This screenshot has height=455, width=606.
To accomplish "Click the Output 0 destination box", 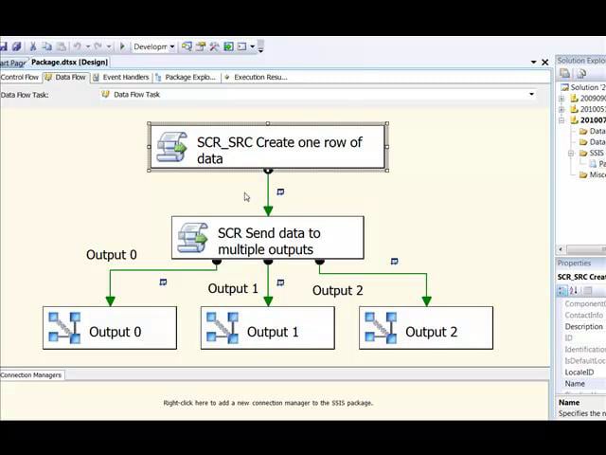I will [110, 329].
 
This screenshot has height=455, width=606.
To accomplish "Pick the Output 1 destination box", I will [268, 329].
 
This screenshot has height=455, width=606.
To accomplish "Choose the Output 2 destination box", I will [426, 329].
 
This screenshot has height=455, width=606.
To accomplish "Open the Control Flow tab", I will [19, 77].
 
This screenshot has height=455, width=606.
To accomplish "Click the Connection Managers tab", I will [30, 374].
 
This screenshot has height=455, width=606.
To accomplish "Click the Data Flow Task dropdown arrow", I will [531, 94].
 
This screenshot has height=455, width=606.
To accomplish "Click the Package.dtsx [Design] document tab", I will [69, 62].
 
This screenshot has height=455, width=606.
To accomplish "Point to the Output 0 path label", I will [112, 254].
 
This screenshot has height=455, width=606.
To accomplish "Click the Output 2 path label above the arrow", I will [338, 290].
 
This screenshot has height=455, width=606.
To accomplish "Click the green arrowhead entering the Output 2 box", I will [426, 300].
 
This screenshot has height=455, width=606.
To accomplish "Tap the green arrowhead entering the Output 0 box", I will [110, 300].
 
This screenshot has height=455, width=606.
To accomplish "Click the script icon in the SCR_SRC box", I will [171, 149].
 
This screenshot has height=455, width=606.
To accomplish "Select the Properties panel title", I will [575, 263].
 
